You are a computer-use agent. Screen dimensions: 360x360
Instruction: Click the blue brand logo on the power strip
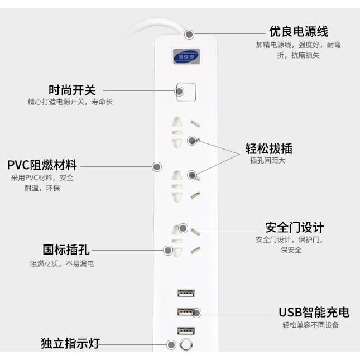click(186, 56)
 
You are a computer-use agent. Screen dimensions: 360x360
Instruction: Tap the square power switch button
click(186, 92)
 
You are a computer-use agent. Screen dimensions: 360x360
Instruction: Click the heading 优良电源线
click(299, 31)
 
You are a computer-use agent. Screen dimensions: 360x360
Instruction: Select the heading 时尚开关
click(72, 90)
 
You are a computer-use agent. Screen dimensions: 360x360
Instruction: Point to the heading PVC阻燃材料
click(42, 165)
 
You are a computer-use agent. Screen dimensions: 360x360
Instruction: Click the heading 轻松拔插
click(269, 148)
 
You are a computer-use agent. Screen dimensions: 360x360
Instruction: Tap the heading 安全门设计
click(295, 228)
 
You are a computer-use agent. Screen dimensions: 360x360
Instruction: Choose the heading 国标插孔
click(66, 250)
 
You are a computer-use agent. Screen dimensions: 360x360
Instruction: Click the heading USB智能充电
click(314, 312)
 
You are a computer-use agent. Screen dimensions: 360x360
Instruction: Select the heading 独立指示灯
click(70, 343)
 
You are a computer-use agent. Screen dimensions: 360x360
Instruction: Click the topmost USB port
click(186, 293)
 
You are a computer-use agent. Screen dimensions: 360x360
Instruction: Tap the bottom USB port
click(186, 331)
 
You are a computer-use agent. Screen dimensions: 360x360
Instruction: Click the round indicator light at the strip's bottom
click(186, 344)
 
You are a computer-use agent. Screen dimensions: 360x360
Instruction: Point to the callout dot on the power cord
click(189, 35)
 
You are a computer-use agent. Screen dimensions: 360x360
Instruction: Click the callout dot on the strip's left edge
click(157, 167)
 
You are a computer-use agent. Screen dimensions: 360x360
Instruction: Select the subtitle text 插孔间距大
click(268, 160)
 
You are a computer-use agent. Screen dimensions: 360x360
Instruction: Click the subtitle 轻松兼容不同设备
click(311, 325)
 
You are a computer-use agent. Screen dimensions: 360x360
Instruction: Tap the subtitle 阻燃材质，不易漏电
click(62, 263)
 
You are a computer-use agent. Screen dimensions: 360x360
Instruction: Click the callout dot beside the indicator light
click(171, 344)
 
